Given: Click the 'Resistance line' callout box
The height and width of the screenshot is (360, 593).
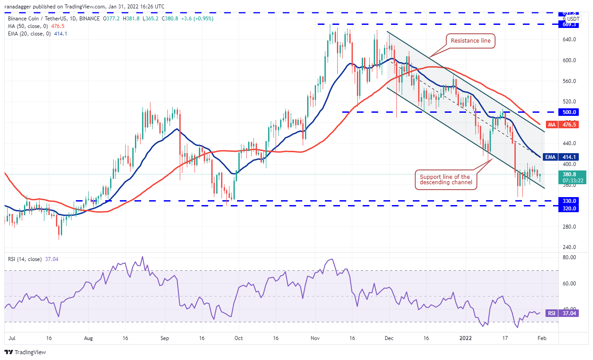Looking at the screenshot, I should pyautogui.click(x=470, y=41).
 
